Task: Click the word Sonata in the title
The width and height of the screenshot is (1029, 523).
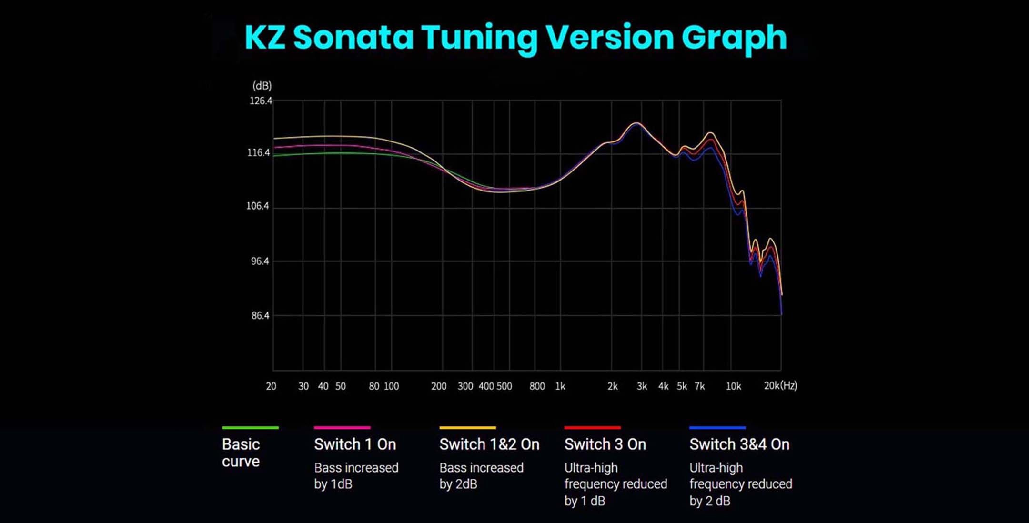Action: [353, 37]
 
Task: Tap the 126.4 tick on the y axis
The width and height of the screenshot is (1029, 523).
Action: [261, 101]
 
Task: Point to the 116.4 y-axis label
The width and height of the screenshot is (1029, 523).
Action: [259, 153]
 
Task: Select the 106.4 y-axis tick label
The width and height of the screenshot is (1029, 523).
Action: [258, 206]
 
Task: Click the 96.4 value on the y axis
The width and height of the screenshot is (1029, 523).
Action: [260, 261]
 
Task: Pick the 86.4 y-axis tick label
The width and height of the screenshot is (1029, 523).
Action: [260, 316]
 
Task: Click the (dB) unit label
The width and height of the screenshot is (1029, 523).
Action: [262, 86]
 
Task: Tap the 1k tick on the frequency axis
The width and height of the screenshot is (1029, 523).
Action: [560, 386]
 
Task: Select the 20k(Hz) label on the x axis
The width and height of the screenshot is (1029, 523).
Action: [780, 386]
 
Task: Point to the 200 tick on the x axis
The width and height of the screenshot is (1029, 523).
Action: [439, 386]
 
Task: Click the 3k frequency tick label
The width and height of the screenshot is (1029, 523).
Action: [642, 386]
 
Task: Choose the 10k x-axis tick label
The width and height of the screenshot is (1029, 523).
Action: [733, 386]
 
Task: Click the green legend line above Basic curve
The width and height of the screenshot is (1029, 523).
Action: [250, 428]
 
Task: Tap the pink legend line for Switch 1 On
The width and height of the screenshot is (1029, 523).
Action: [342, 428]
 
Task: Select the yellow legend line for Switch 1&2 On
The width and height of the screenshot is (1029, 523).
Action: [467, 428]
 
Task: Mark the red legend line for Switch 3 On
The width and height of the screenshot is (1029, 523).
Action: [592, 428]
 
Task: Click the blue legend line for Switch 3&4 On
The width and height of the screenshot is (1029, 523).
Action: [717, 428]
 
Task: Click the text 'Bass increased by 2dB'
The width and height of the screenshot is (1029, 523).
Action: [481, 476]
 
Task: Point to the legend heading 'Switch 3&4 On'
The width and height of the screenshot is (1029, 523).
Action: [739, 444]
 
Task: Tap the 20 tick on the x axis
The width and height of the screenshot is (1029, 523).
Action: [271, 386]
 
